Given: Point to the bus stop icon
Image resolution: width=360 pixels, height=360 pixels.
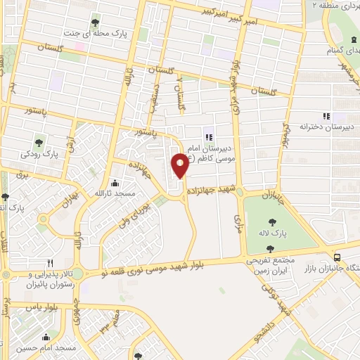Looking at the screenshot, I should (337, 257).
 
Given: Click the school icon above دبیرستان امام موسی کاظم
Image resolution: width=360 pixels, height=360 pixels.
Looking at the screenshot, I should (208, 136).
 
